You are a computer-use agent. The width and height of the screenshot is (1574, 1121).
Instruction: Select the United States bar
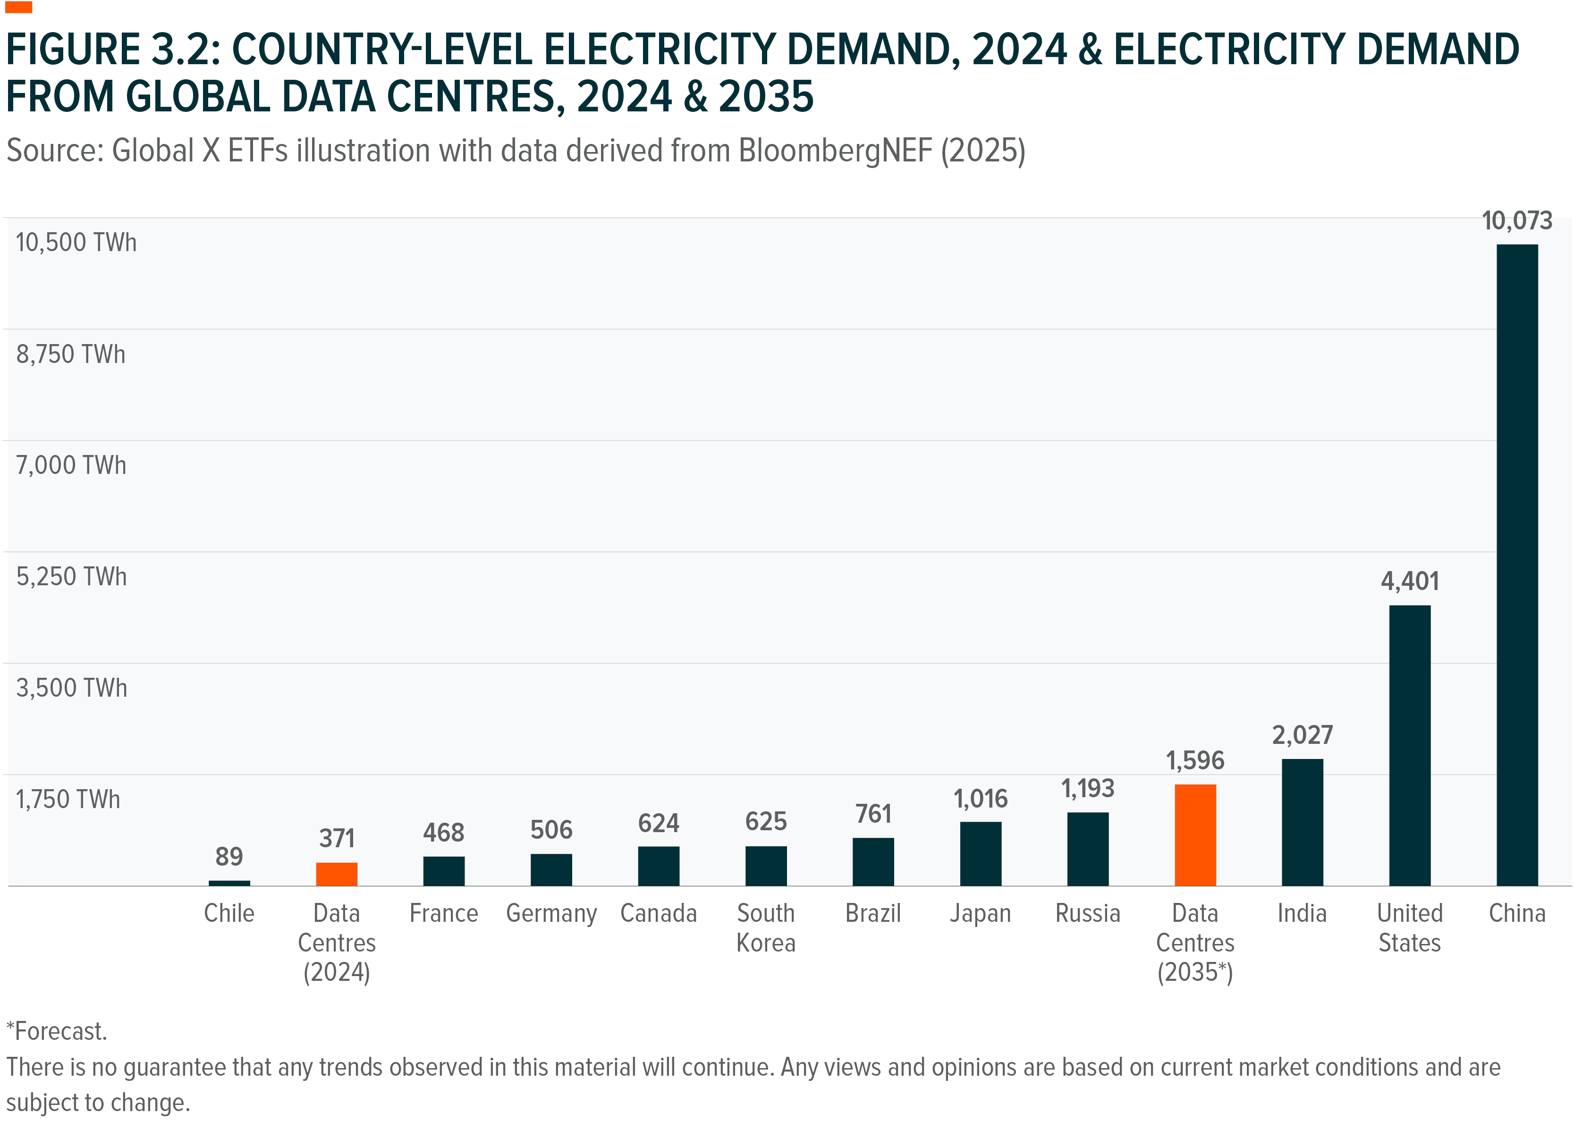(x=1409, y=745)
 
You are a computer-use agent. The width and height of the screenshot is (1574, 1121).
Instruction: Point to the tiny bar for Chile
(x=229, y=883)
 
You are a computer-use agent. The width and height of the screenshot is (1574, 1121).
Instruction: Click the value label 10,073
(x=1517, y=221)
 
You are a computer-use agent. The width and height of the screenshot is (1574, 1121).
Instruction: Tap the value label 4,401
(x=1409, y=581)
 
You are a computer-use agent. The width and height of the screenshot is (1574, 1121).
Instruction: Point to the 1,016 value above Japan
(x=980, y=799)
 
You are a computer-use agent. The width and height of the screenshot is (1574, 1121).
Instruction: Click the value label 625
(x=766, y=821)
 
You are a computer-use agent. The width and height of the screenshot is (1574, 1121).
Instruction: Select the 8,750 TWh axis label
(x=70, y=354)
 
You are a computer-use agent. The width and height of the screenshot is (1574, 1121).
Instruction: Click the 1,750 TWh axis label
(x=68, y=800)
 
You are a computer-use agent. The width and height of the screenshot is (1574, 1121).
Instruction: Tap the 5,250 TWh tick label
(x=71, y=576)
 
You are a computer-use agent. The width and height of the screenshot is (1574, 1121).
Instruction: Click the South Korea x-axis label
(x=766, y=928)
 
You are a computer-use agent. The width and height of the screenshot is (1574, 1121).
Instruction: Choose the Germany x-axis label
(x=551, y=913)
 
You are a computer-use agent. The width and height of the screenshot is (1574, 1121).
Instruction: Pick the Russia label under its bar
(x=1087, y=913)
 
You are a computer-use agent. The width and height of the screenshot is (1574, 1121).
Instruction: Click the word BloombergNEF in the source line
(x=835, y=151)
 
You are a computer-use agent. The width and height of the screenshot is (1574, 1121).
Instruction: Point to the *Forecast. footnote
(x=57, y=1031)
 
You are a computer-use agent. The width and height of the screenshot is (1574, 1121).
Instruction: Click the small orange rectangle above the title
(x=18, y=7)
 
